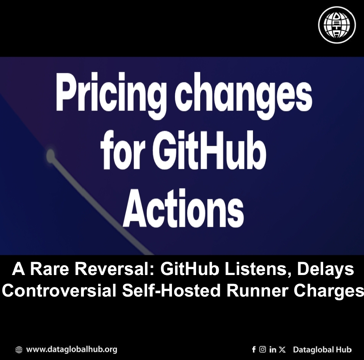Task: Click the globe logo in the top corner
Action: [337, 25]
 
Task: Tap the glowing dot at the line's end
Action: [51, 155]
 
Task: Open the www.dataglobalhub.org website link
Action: [72, 349]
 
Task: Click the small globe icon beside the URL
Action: [19, 350]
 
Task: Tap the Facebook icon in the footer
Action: [254, 349]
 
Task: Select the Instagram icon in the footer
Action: [263, 349]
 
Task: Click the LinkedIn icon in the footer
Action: [273, 349]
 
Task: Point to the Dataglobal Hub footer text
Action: [322, 349]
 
